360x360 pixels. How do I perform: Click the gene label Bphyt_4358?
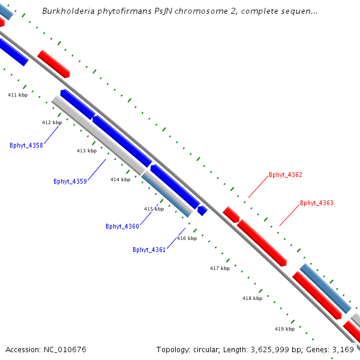[x=26, y=145]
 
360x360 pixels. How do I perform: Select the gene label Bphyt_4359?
[x=70, y=181]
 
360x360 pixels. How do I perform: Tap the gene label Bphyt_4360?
[x=122, y=226]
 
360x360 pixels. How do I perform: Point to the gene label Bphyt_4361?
[x=149, y=250]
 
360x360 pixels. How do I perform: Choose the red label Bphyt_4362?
[x=286, y=175]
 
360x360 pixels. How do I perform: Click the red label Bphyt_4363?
[x=317, y=203]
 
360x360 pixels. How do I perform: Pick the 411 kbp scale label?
[x=17, y=95]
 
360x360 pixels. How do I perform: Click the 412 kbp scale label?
[x=52, y=122]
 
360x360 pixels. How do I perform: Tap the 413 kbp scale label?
[x=86, y=151]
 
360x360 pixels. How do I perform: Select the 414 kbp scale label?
[x=120, y=179]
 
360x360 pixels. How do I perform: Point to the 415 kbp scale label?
[x=154, y=209]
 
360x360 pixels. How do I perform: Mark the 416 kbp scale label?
[x=187, y=238]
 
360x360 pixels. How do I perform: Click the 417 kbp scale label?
[x=220, y=268]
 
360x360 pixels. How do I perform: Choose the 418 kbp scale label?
[x=252, y=298]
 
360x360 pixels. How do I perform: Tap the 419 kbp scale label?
[x=284, y=329]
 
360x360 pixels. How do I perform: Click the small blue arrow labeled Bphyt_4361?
[x=202, y=211]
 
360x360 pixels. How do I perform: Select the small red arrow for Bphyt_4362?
[x=231, y=214]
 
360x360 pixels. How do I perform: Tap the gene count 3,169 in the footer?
[x=343, y=349]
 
